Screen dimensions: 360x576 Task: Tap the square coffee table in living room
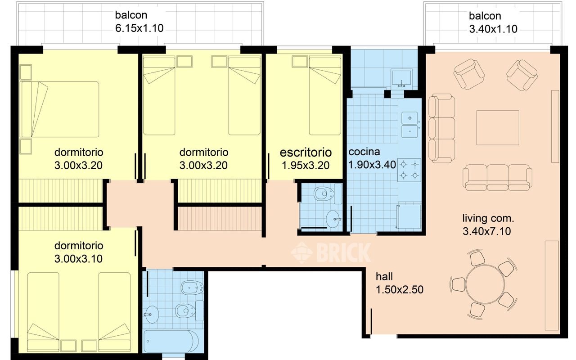(x=498, y=128)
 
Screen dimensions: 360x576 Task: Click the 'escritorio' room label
(x=306, y=153)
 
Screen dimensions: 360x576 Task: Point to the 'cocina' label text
(x=364, y=152)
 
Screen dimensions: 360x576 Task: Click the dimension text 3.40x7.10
(x=486, y=231)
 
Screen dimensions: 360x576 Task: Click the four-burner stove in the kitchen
(x=409, y=170)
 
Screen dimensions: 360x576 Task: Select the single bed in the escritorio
(x=324, y=95)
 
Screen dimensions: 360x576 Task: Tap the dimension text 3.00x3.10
(x=79, y=259)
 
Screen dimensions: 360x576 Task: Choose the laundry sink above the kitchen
(x=400, y=78)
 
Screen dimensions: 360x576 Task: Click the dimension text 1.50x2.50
(x=399, y=289)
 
